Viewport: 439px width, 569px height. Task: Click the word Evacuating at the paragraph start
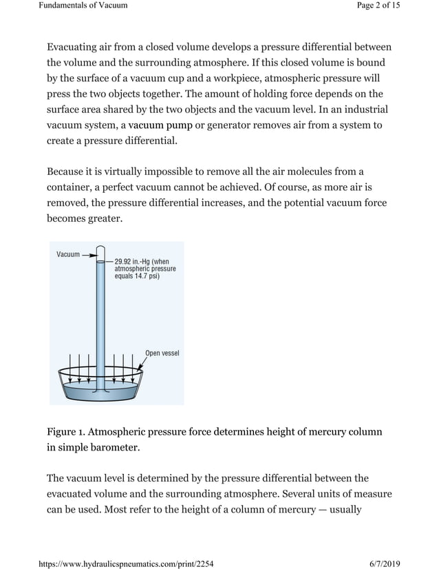[75, 47]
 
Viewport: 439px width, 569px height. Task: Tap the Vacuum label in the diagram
[68, 254]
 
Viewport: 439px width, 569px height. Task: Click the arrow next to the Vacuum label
[89, 254]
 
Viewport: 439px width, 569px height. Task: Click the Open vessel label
[162, 353]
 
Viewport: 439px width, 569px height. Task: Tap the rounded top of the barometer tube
[100, 249]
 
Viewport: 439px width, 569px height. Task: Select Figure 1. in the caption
[66, 432]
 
